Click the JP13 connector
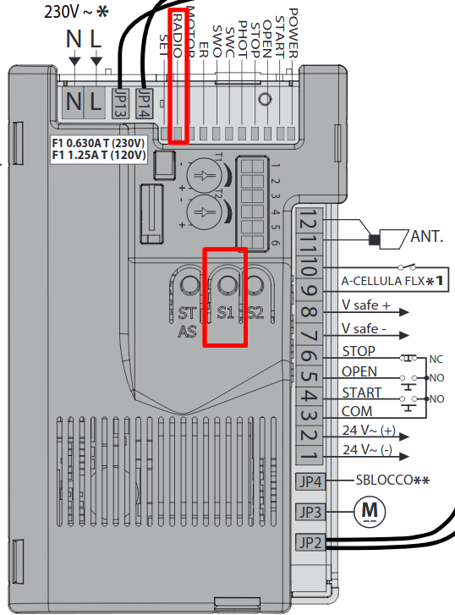click(x=120, y=103)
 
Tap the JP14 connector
click(x=145, y=103)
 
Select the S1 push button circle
click(x=227, y=283)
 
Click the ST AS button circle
click(x=189, y=283)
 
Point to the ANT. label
click(x=427, y=237)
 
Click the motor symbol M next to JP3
click(x=370, y=512)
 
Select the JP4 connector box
click(x=310, y=481)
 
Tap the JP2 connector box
click(x=310, y=543)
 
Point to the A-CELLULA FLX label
click(x=383, y=281)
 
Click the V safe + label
click(x=366, y=305)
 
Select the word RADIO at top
click(x=178, y=36)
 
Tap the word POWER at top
click(x=293, y=33)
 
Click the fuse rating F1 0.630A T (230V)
click(x=98, y=143)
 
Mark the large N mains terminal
click(x=74, y=102)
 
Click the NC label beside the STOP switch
click(x=436, y=360)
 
